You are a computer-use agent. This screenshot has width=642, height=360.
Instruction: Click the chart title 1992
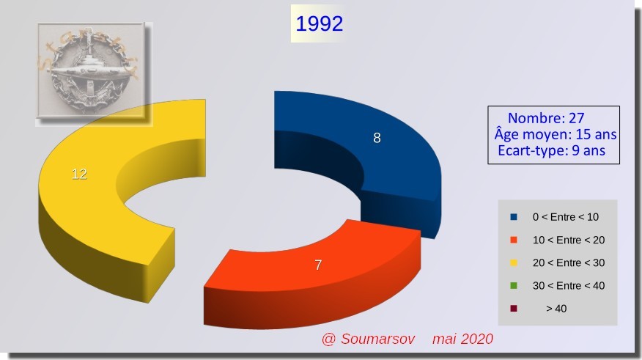coord(319,23)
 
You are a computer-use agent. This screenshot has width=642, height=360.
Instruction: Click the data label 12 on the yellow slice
coord(79,174)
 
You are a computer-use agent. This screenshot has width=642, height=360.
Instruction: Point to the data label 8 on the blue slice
coord(377,138)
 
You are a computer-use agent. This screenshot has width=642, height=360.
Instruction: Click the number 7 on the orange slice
coord(318,265)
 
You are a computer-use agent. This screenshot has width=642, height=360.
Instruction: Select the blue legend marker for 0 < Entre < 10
coord(514,217)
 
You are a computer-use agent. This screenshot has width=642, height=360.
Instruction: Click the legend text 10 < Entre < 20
coord(569,240)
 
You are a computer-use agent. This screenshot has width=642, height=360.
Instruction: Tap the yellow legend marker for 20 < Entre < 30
coord(514,263)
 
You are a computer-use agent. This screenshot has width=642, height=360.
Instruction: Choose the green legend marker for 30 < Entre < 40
coord(514,286)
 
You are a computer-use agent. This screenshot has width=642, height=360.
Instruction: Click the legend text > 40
coord(556,309)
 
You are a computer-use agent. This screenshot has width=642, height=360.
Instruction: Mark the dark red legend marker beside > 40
coord(514,309)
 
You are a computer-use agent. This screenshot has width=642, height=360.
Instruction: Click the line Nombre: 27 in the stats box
coord(546,118)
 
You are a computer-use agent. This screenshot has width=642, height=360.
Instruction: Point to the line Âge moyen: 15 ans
coord(556,134)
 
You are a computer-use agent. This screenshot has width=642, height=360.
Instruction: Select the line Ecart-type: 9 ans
coord(552,150)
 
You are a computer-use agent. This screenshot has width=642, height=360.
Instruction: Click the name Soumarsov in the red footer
coord(378,339)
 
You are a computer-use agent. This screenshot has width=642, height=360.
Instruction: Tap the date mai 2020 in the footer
coord(462,339)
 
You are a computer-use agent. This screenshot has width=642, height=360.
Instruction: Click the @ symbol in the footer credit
coord(328,339)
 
